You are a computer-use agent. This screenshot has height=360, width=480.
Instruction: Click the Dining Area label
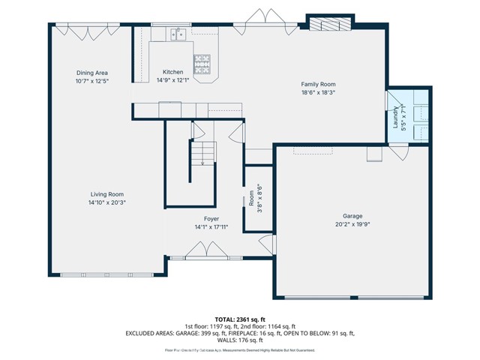(x=93, y=73)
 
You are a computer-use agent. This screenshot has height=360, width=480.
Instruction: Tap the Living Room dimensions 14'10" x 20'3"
(x=106, y=202)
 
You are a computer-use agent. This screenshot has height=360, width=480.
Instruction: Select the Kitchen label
(x=172, y=73)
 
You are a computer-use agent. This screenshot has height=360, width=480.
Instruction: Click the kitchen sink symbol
(x=178, y=33)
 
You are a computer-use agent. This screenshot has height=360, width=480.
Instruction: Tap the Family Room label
(x=318, y=85)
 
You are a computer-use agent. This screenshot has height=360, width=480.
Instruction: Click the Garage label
(x=352, y=214)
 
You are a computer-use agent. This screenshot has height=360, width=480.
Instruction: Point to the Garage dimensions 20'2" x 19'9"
(x=352, y=223)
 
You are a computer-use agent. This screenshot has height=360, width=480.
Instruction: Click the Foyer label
(x=211, y=218)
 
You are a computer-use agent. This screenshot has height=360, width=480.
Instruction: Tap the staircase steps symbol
(x=202, y=154)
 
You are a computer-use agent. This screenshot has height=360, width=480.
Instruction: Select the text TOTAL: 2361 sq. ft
(x=240, y=319)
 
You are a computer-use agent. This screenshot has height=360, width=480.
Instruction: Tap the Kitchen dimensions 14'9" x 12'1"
(x=172, y=80)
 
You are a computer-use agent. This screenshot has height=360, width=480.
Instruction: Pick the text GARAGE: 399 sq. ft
(x=193, y=333)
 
